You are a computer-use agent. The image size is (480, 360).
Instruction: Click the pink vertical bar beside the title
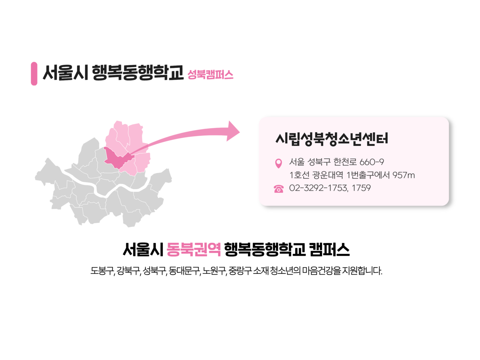(34, 73)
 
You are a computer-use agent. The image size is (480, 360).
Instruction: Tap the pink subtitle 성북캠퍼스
(210, 75)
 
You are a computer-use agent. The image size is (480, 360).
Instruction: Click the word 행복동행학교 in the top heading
(137, 73)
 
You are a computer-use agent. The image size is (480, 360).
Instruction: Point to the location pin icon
(278, 163)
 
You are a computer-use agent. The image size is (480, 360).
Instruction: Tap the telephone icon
(278, 189)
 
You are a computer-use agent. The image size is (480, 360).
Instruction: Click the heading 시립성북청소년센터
(331, 138)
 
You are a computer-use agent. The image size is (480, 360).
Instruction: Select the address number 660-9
(372, 162)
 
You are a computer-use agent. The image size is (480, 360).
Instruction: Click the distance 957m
(403, 175)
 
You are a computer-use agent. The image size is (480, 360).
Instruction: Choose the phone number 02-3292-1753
(318, 188)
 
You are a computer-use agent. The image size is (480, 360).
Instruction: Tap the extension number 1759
(361, 188)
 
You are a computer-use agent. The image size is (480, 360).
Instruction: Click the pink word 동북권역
(193, 249)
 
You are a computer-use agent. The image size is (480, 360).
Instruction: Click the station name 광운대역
(328, 175)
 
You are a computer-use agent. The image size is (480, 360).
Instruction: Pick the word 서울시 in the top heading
(65, 73)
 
